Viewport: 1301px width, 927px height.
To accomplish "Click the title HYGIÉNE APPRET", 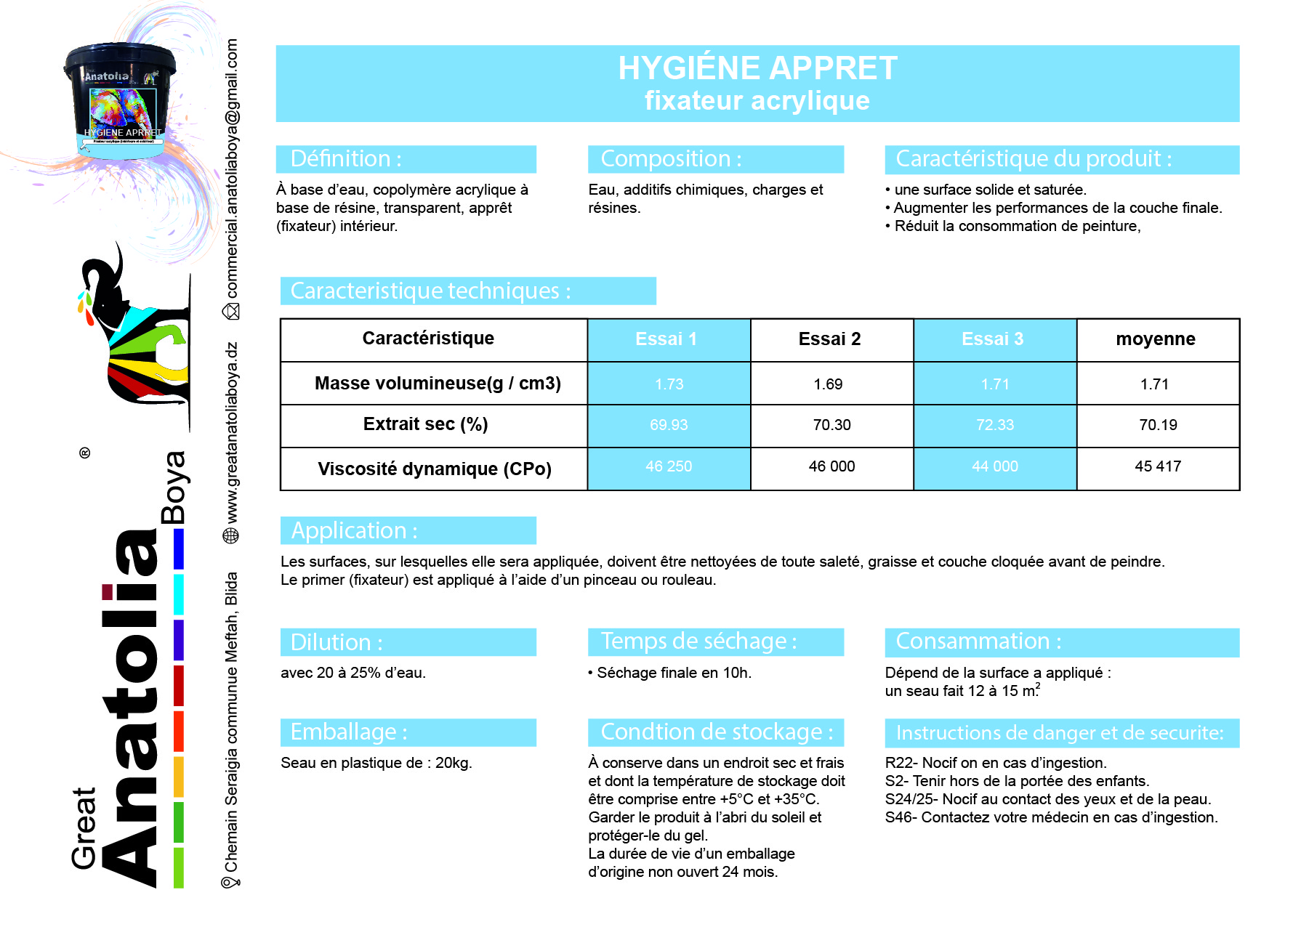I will [757, 68].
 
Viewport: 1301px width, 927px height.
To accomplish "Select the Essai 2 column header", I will [829, 339].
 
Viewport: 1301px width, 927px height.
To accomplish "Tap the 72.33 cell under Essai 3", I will [994, 425].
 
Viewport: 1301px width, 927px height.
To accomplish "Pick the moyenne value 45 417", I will [1157, 466].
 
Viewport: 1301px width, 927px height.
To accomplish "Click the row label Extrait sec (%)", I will [425, 424].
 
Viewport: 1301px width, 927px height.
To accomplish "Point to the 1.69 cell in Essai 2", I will [828, 384].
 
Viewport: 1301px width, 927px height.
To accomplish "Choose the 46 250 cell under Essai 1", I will [668, 466].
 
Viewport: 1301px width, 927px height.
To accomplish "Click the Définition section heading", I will [346, 158].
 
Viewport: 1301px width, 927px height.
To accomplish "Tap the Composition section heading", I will [671, 158].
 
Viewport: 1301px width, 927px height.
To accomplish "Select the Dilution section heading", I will [337, 642].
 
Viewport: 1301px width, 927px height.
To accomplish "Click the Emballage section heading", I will [349, 732].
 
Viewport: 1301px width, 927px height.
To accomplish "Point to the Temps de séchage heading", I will [698, 641].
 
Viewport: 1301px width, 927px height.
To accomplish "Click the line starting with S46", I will [1050, 817].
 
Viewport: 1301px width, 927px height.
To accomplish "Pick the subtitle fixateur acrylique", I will [757, 101].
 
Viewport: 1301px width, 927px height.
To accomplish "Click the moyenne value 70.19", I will [1157, 425].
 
